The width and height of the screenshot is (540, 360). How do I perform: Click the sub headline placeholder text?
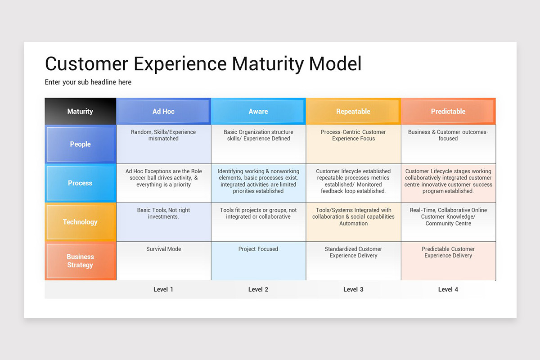tap(88, 82)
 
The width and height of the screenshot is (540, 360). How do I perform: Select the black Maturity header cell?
tap(80, 111)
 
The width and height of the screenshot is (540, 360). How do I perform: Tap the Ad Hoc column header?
tap(163, 111)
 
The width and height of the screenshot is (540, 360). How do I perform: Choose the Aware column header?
tap(258, 111)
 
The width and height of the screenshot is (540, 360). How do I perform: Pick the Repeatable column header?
tap(353, 111)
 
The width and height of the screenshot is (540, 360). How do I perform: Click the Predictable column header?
tap(448, 111)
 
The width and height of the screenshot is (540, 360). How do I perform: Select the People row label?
tap(80, 144)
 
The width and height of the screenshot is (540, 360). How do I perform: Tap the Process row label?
tap(80, 183)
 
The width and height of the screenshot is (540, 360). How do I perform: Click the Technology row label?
tap(80, 222)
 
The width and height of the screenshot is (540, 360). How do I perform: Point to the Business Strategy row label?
tap(80, 261)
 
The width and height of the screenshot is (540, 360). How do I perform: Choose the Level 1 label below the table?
tap(163, 289)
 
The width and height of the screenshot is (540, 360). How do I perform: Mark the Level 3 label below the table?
tap(353, 289)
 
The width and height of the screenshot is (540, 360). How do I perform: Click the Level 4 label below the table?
tap(448, 289)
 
